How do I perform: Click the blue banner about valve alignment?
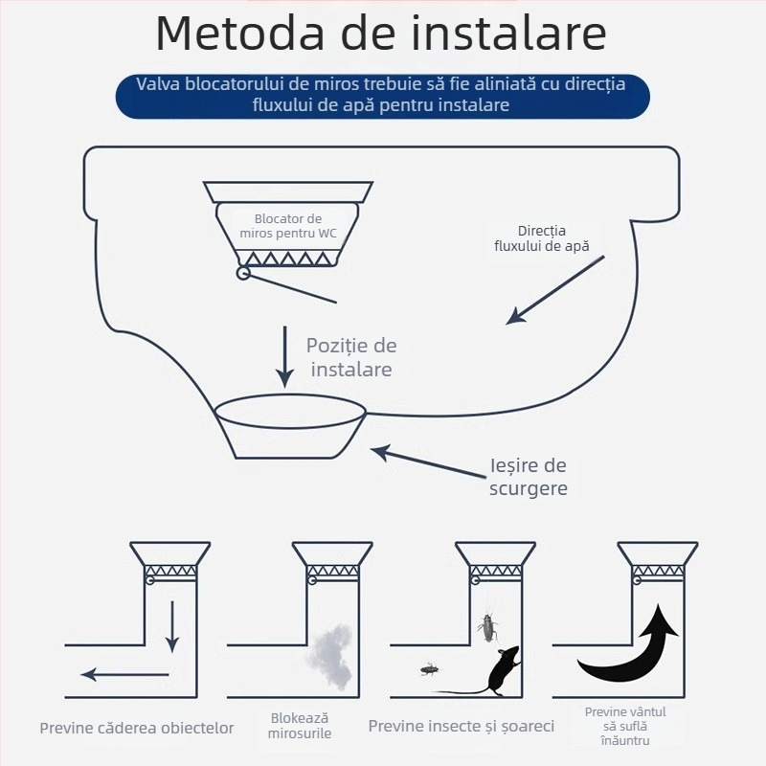click(x=382, y=95)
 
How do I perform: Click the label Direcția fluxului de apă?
click(x=542, y=238)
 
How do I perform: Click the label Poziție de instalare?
click(x=350, y=357)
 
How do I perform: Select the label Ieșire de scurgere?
click(x=528, y=477)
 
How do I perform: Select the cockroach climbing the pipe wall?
click(x=487, y=627)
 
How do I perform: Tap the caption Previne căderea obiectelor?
click(x=137, y=728)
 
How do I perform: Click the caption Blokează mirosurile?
click(x=300, y=726)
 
